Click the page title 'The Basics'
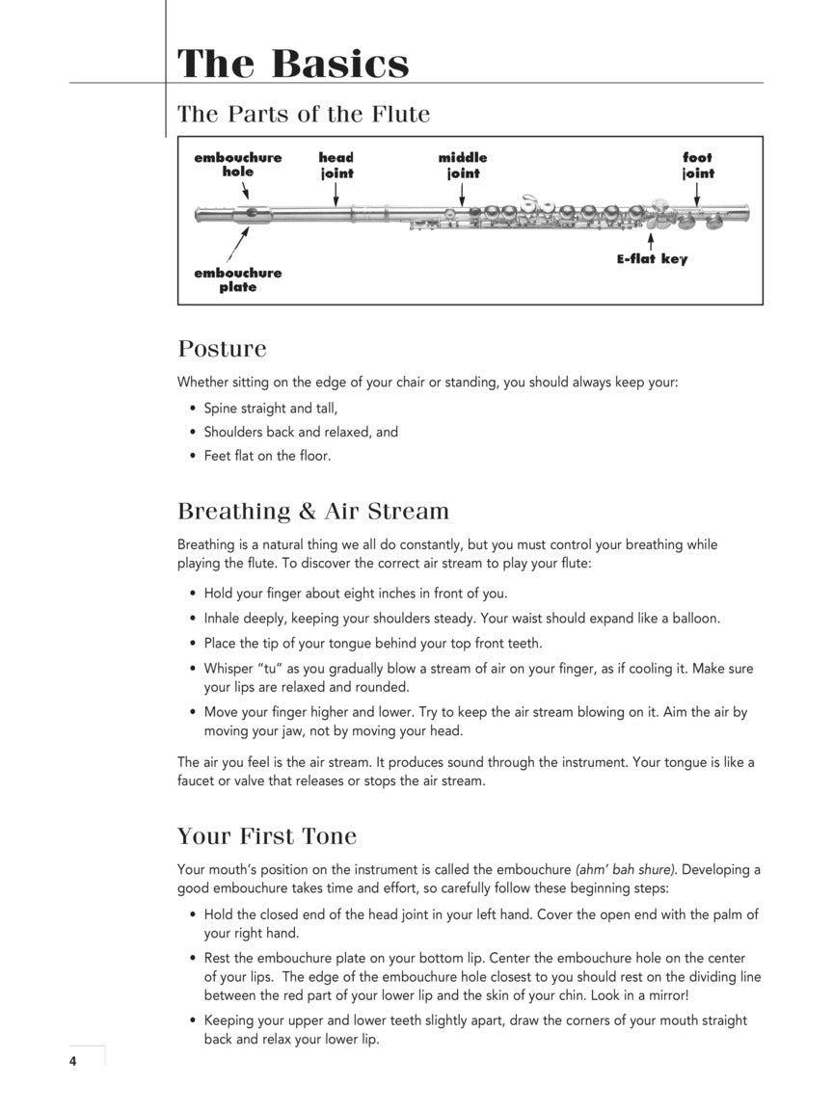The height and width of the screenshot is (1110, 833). coord(293,64)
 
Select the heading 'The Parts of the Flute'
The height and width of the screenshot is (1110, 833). coord(303,114)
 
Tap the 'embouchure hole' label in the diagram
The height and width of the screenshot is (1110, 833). coord(238,165)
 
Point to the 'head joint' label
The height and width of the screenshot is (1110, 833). coord(336,165)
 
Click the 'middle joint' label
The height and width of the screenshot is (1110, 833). coord(463,165)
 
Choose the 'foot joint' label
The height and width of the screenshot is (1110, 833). coord(698,165)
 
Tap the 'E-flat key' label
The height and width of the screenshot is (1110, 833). coord(653,258)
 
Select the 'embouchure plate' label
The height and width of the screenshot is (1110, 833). coord(238,279)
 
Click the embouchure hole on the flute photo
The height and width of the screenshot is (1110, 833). coord(251,213)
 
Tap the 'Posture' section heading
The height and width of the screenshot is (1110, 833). coord(222,348)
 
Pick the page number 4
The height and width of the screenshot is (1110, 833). coord(72,1061)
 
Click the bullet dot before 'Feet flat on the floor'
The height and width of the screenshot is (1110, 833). coord(193,456)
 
